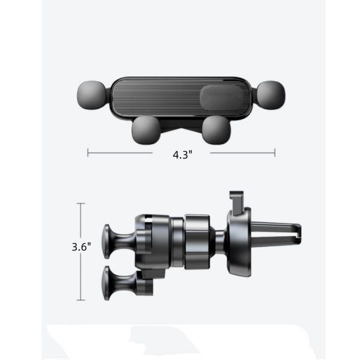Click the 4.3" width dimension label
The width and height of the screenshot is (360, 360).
[182, 155]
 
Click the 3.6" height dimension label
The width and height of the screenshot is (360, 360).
[81, 247]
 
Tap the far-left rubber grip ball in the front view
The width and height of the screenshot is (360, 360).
[92, 95]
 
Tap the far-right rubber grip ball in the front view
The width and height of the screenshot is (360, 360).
[271, 95]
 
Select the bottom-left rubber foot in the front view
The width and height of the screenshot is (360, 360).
[146, 130]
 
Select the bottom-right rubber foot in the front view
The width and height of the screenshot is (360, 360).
[216, 130]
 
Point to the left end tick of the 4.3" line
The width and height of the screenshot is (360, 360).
[88, 152]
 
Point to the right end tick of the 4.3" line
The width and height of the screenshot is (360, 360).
[275, 152]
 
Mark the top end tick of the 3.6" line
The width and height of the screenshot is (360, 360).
[81, 203]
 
